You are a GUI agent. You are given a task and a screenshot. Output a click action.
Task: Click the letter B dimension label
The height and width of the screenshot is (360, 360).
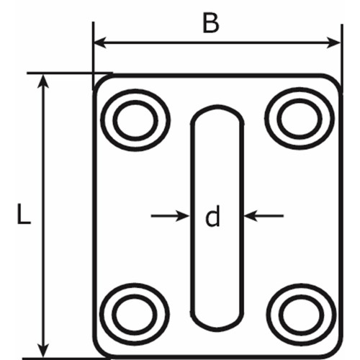pos(211,23)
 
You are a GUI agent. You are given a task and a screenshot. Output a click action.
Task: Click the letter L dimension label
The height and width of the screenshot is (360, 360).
pos(24,214)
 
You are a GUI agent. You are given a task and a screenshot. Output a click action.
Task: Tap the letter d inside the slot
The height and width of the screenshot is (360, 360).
pos(212,216)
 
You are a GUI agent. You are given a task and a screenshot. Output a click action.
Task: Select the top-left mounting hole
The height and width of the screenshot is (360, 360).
pos(135,120)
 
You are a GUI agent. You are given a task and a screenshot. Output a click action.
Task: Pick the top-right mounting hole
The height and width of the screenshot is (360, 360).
pos(300,119)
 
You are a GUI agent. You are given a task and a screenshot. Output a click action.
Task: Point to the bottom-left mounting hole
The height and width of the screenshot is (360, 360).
pos(135,314)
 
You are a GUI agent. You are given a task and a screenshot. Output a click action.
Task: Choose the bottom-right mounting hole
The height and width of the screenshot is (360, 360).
pos(301,315)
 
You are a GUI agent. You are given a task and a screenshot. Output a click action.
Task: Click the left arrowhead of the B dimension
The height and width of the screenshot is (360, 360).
pos(100,42)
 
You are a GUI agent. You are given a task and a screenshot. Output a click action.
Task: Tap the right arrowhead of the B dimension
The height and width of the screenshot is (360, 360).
pos(334,42)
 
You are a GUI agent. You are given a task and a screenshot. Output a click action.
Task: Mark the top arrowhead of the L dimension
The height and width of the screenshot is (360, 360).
pos(43,81)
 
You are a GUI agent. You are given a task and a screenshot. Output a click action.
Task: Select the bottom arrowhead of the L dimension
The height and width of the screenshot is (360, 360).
pos(43,351)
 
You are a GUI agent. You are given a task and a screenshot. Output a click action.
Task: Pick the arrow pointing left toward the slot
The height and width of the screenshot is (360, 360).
pos(264,216)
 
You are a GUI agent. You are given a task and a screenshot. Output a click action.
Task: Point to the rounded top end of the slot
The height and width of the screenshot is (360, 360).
pos(217,107)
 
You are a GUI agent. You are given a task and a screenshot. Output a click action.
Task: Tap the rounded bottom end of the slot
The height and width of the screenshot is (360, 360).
pos(217,330)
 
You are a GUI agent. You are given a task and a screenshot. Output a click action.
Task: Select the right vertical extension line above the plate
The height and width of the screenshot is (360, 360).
pos(342,55)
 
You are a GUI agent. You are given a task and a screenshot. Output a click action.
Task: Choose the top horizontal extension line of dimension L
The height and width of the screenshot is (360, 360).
pos(70,73)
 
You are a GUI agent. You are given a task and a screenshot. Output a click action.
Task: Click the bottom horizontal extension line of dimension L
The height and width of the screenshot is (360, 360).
pos(63,359)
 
